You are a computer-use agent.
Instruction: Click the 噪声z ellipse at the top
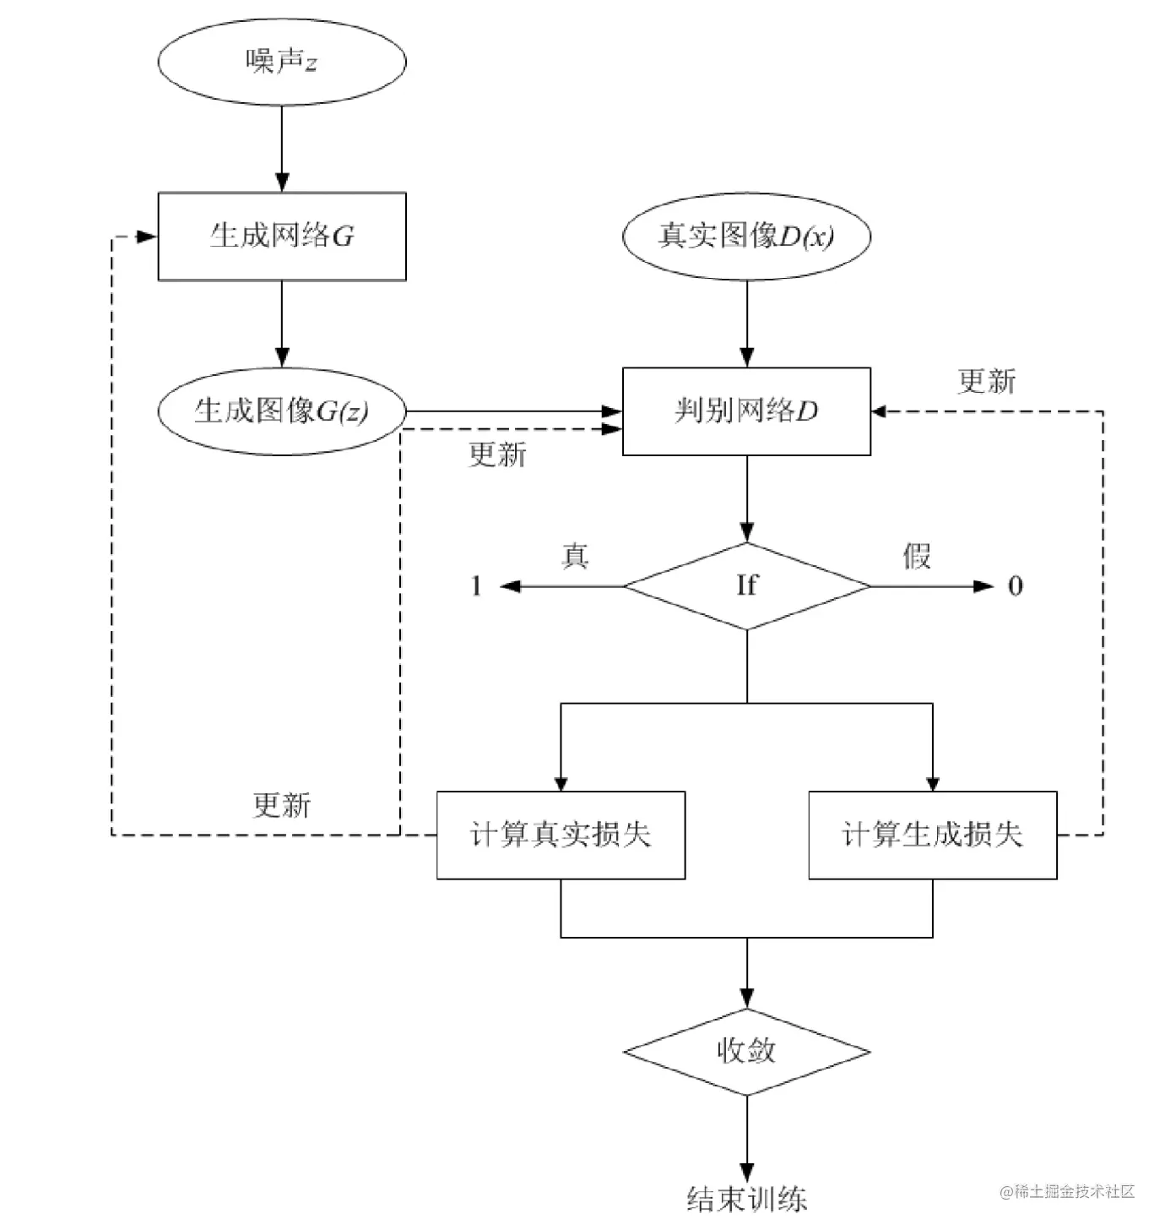pyautogui.click(x=282, y=62)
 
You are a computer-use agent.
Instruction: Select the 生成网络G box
pyautogui.click(x=282, y=237)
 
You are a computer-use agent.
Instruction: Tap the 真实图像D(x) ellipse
pyautogui.click(x=746, y=237)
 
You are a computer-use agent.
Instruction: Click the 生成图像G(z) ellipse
pyautogui.click(x=282, y=411)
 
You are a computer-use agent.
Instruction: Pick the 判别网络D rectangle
pyautogui.click(x=746, y=411)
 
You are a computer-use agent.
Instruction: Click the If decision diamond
pyautogui.click(x=746, y=585)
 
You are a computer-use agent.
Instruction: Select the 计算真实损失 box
pyautogui.click(x=561, y=835)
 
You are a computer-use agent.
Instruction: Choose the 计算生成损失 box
pyautogui.click(x=932, y=835)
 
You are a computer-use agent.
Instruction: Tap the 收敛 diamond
pyautogui.click(x=746, y=1052)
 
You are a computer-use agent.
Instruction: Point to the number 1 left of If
pyautogui.click(x=476, y=585)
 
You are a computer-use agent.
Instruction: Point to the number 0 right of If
pyautogui.click(x=1016, y=585)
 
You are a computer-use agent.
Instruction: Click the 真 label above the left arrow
pyautogui.click(x=575, y=556)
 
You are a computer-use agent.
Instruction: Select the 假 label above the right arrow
pyautogui.click(x=917, y=556)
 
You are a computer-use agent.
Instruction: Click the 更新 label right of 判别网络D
pyautogui.click(x=987, y=381)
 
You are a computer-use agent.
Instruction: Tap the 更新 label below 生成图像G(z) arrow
pyautogui.click(x=497, y=454)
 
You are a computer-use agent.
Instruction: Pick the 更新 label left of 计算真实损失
pyautogui.click(x=282, y=804)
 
